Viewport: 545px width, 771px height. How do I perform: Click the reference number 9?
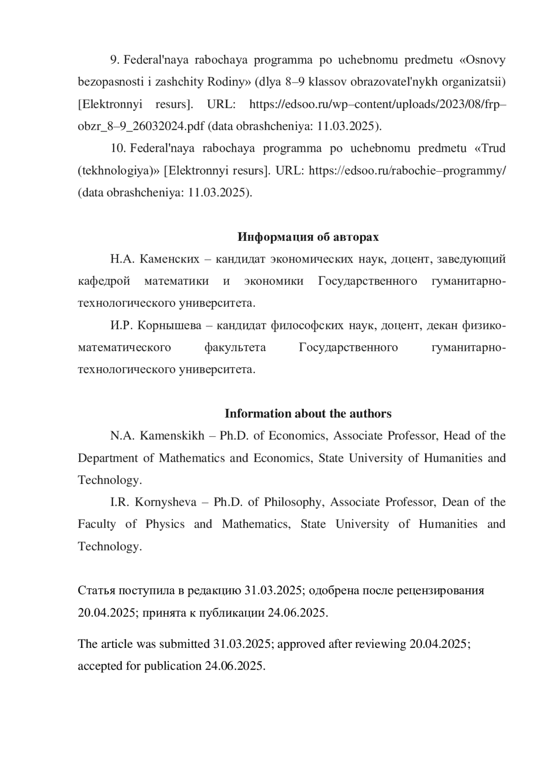click(x=114, y=60)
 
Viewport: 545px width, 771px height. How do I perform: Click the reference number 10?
click(x=118, y=149)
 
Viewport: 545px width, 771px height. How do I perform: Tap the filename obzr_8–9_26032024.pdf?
click(x=141, y=126)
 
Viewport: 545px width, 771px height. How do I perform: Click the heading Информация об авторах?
click(x=308, y=237)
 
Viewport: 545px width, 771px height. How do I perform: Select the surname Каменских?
click(x=169, y=259)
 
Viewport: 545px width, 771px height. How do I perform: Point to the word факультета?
click(x=235, y=348)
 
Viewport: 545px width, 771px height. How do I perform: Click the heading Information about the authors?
click(x=308, y=413)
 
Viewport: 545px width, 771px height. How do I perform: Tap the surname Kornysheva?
click(x=166, y=502)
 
